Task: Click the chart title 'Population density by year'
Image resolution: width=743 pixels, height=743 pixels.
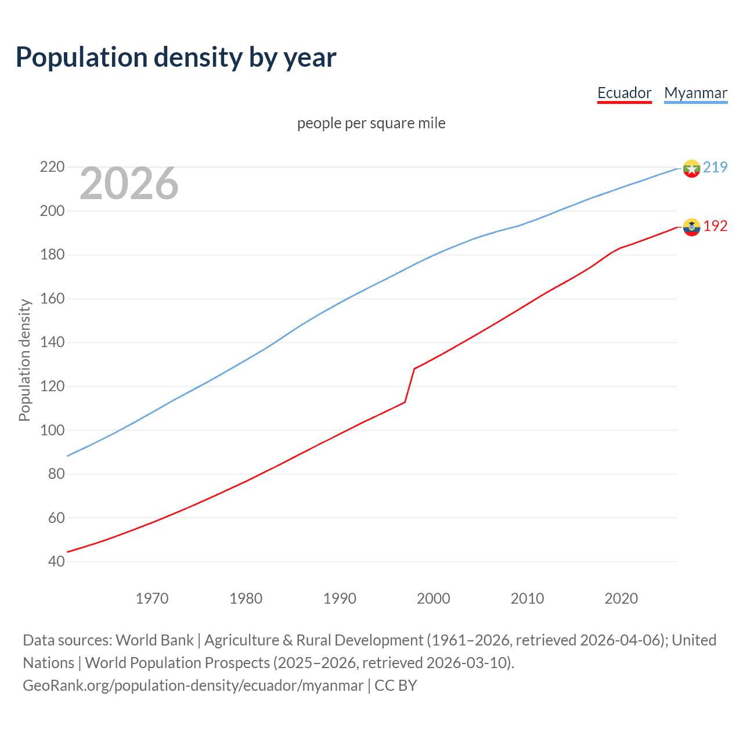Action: pos(176,57)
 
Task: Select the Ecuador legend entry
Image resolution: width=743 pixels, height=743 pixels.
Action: pos(624,93)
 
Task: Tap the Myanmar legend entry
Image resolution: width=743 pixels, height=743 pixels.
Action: pos(695,93)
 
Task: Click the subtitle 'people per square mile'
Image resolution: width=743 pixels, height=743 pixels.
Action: pos(371,123)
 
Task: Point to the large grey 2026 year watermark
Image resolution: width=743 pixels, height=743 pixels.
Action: pos(129,183)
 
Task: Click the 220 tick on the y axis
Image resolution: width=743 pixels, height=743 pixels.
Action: pos(52,167)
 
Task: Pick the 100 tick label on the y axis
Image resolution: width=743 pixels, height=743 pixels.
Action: pos(52,430)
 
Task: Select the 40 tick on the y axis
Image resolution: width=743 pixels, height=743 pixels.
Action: pos(56,561)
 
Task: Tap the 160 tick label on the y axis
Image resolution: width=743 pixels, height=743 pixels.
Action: pos(52,298)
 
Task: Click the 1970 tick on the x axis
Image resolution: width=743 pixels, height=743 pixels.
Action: pos(152,598)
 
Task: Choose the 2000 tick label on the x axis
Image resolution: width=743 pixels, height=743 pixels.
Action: pos(433,598)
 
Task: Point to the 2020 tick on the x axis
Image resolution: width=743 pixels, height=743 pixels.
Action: pos(621,598)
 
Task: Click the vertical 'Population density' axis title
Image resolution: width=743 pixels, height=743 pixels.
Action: pos(24,360)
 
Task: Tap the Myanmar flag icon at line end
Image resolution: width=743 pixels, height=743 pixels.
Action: pos(691,168)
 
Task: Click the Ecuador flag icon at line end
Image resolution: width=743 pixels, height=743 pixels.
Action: pos(691,227)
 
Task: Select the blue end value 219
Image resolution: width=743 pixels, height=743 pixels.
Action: pos(715,167)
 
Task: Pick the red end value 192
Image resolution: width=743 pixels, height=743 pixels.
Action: pos(715,226)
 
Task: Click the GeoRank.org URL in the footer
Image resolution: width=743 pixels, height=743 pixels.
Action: pos(193,686)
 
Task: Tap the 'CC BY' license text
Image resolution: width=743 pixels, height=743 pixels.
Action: pos(396,686)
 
